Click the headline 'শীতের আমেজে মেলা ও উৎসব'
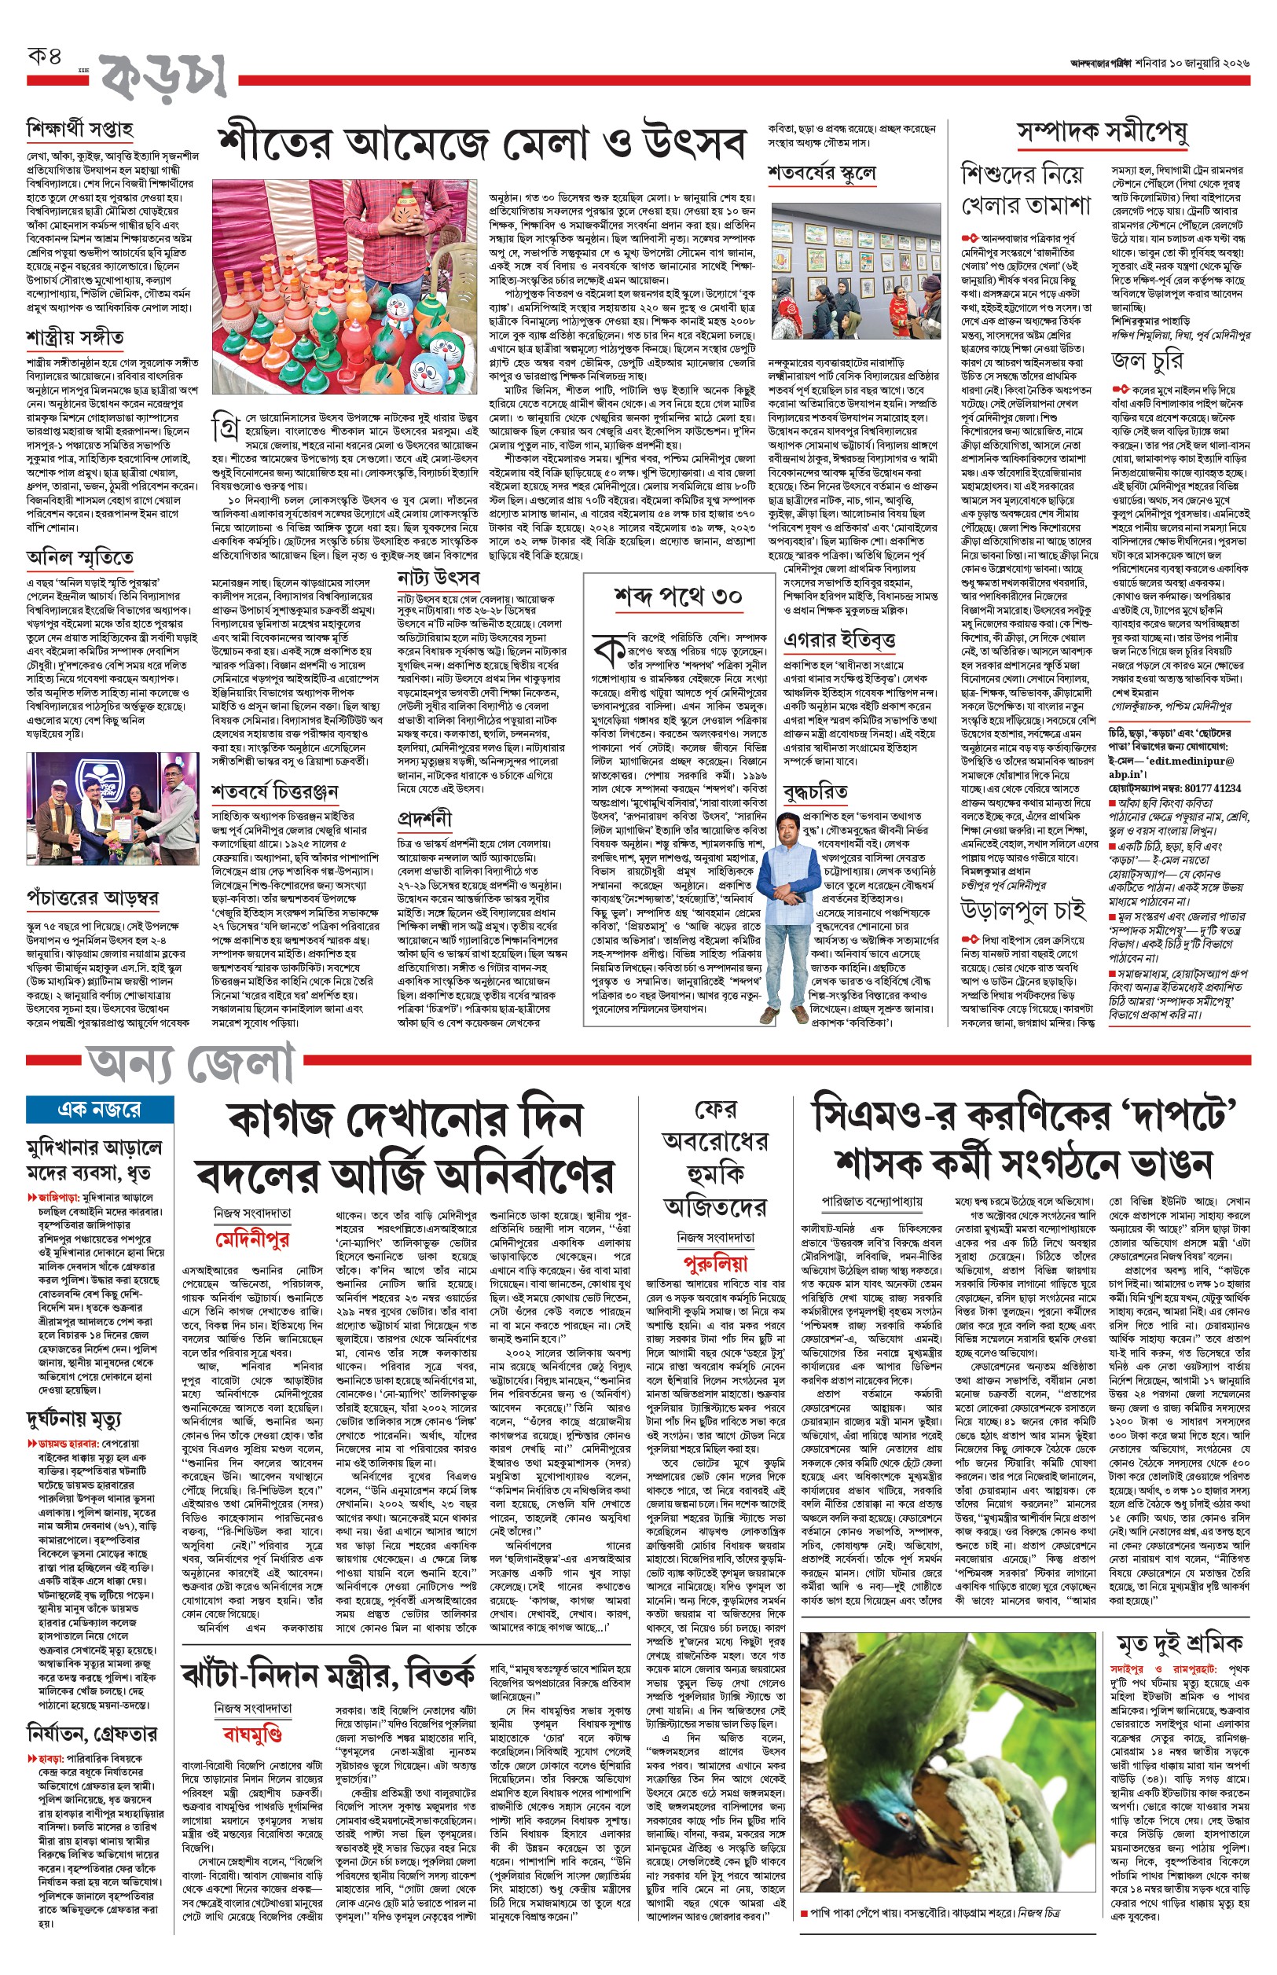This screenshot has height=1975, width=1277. pos(481,142)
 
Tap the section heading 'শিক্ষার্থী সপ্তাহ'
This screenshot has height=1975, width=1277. pos(79,130)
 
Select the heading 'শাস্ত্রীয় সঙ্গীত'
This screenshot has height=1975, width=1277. pos(75,337)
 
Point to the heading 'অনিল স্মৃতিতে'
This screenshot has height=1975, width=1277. pos(79,557)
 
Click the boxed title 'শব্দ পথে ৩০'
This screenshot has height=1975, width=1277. pos(677,595)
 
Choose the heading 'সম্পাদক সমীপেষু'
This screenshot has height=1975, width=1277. pos(1102,132)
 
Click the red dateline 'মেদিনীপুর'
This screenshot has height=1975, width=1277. pos(252,1240)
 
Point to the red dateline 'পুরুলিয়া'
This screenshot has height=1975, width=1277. pos(715,1264)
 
